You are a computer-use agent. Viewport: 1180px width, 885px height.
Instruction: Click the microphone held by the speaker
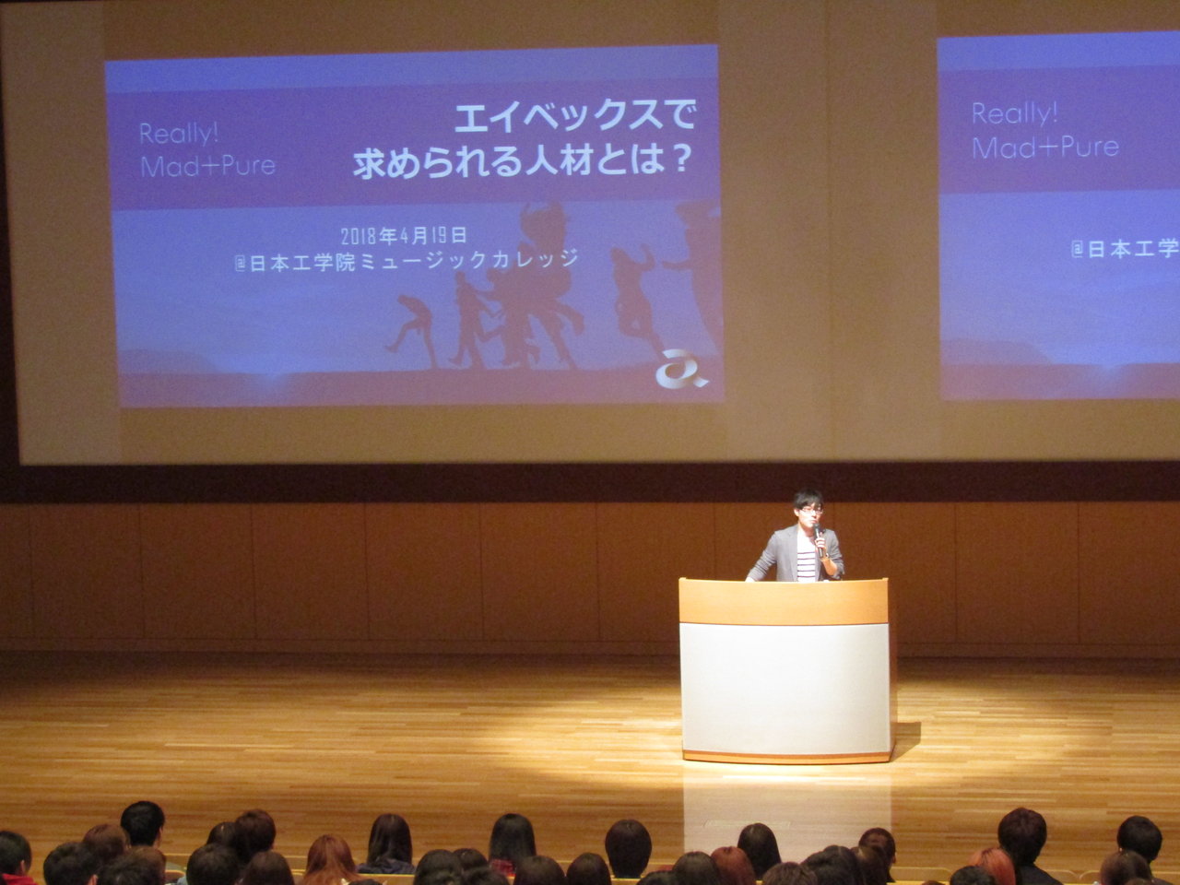coord(819,539)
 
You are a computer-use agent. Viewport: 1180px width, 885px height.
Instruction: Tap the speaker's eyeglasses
coord(810,511)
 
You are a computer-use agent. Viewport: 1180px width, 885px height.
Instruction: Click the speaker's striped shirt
coord(807,562)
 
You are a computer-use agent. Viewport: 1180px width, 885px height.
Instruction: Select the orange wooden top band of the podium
coord(784,601)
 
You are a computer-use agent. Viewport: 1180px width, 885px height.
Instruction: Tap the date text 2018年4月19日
coord(404,235)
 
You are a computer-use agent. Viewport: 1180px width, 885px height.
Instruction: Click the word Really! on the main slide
coord(179,134)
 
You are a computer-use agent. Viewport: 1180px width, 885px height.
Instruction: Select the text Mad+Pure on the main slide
coord(207,166)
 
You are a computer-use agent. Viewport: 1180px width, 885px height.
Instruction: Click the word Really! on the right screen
coord(1014,113)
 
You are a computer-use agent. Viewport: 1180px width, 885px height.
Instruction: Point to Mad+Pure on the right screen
coord(1045,147)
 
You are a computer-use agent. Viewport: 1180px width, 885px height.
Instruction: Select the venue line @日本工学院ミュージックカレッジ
coord(407,261)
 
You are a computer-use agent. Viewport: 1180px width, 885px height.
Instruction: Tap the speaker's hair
coord(808,498)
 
